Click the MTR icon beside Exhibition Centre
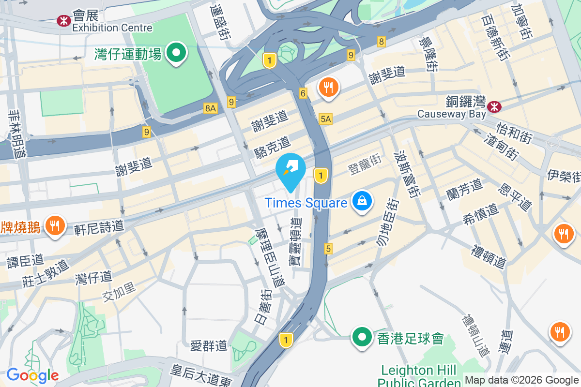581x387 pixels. [63, 20]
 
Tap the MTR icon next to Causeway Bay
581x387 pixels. [494, 105]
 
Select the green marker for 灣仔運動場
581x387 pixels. [177, 53]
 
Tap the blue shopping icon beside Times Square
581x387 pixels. [361, 201]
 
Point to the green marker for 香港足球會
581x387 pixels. [362, 338]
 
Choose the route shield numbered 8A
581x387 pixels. [210, 108]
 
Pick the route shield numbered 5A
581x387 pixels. [326, 119]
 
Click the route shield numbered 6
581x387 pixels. [303, 93]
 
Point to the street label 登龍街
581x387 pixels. [365, 164]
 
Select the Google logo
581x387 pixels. [32, 375]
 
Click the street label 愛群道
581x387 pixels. [208, 345]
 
